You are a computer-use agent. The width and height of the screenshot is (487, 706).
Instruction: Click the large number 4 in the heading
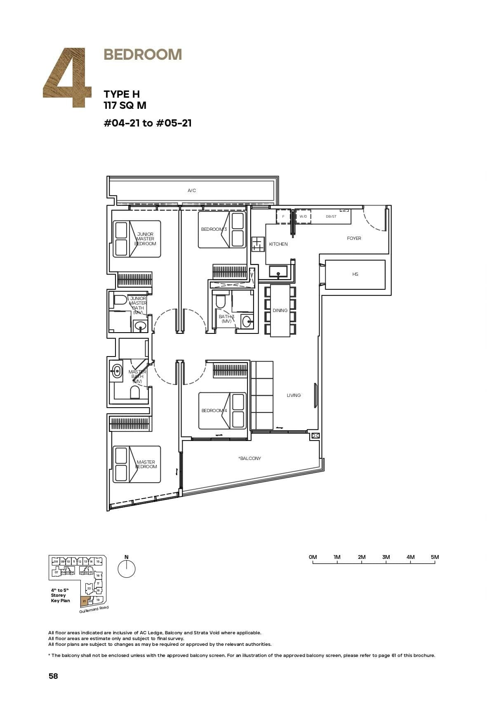tap(68, 78)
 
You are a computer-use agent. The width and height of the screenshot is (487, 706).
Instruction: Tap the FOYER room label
tap(354, 238)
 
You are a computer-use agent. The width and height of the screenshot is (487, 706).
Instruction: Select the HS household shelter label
tap(355, 274)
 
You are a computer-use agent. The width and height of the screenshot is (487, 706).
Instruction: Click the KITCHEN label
tap(278, 244)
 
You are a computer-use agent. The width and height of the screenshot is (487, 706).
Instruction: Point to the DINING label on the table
tap(280, 310)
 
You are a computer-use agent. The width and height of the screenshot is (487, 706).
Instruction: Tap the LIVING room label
tap(294, 395)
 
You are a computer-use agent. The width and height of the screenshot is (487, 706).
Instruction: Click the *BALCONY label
tap(249, 458)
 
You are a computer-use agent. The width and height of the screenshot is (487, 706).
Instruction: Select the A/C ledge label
tap(192, 190)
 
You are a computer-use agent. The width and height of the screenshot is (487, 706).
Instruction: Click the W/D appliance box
tap(303, 216)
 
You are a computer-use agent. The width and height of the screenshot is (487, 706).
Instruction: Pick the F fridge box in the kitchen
tap(283, 216)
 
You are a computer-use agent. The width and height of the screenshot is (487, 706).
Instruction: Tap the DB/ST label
tap(331, 216)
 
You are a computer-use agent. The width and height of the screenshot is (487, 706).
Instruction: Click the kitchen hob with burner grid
tap(257, 244)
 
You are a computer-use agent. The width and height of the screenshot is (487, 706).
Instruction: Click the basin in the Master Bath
tap(117, 371)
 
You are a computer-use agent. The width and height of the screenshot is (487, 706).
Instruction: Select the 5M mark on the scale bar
tap(435, 557)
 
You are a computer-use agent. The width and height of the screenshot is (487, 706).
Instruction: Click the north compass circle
tap(127, 569)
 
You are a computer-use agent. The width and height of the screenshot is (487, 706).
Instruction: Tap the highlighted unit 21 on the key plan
tap(84, 601)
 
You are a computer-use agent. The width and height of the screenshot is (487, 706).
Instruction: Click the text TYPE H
tap(122, 94)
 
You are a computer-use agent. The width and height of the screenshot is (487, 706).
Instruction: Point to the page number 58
tap(53, 676)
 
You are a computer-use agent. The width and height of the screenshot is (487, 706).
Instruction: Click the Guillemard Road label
tap(94, 610)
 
